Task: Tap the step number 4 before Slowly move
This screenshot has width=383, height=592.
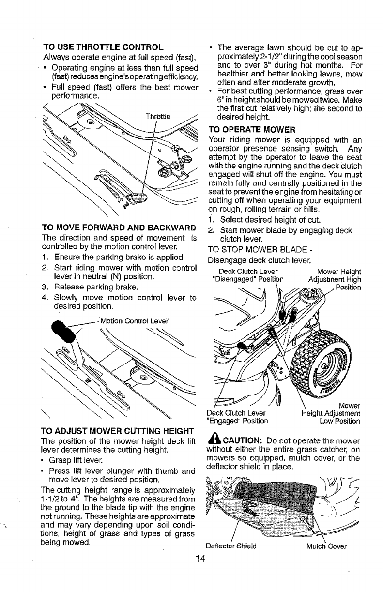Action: click(45, 298)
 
